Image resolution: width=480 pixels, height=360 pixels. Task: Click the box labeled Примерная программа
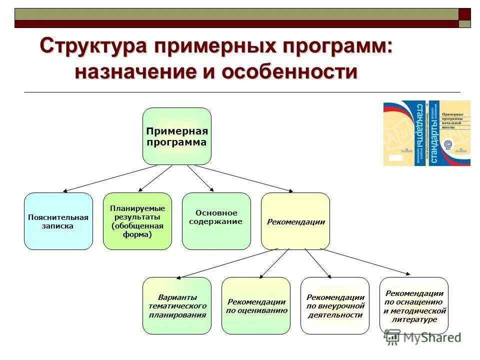(x=176, y=136)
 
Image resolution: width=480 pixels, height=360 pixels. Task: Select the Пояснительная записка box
(x=58, y=221)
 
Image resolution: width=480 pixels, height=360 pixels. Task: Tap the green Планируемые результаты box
(x=137, y=221)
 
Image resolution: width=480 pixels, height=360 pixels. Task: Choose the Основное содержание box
(x=216, y=221)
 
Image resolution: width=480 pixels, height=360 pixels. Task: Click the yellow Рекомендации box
(x=295, y=221)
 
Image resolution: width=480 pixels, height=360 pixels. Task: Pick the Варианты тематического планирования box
(x=176, y=305)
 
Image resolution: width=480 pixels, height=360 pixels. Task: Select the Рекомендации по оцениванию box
(x=255, y=305)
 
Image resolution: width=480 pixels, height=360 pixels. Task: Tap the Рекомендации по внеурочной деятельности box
(x=334, y=305)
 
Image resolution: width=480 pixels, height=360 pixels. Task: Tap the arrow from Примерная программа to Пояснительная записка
(x=110, y=178)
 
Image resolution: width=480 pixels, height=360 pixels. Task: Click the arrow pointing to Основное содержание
(x=200, y=178)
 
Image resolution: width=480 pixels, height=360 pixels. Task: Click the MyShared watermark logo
(x=422, y=338)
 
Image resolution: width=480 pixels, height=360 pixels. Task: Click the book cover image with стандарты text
(x=426, y=133)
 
